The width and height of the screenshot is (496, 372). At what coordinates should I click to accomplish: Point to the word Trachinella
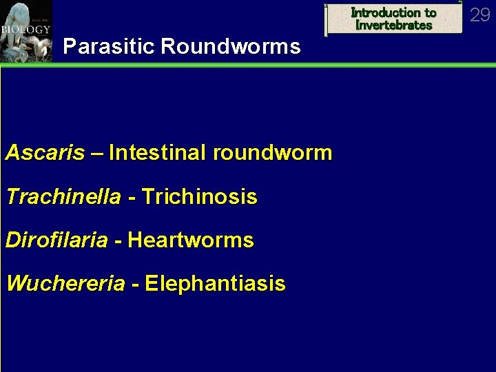[x=63, y=198]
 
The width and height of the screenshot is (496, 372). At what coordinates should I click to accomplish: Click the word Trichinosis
[x=199, y=198]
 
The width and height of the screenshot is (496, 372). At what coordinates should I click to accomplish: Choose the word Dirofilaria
[x=56, y=241]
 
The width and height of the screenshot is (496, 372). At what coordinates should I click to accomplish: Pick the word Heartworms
[x=191, y=241]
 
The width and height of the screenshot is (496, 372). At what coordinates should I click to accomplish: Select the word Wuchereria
[x=65, y=284]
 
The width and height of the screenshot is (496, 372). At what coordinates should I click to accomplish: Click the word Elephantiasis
[x=215, y=284]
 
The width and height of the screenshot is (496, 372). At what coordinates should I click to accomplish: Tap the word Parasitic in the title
[x=108, y=47]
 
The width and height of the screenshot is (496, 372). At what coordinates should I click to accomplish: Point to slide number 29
[x=479, y=14]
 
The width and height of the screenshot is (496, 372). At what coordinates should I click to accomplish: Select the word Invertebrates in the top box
[x=394, y=25]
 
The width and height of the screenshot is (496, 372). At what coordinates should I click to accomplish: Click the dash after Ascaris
[x=97, y=154]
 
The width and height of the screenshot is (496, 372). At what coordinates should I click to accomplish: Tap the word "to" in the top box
[x=430, y=12]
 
